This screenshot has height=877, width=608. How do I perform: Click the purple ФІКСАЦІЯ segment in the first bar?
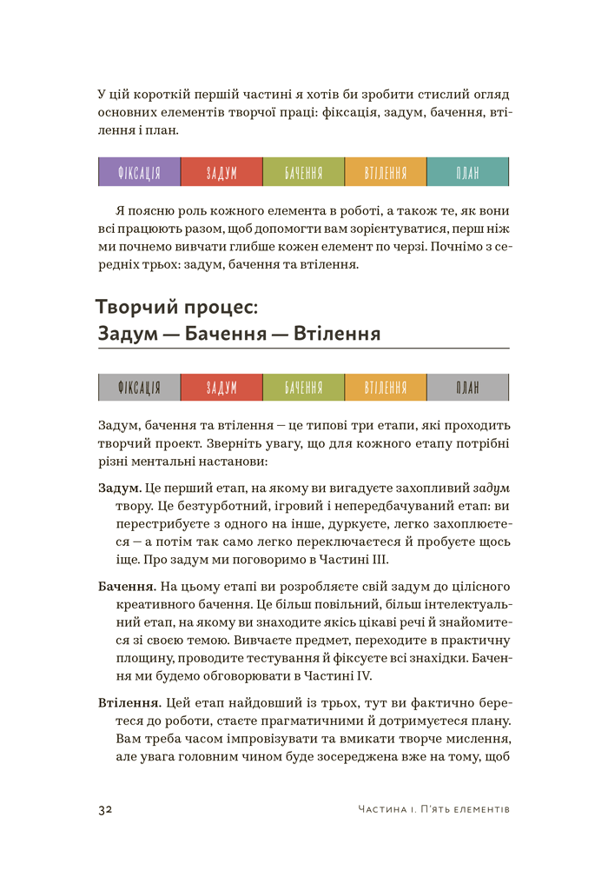[x=139, y=172]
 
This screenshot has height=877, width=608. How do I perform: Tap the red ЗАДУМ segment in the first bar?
[x=221, y=172]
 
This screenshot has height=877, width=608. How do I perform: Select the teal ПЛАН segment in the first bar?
[x=467, y=172]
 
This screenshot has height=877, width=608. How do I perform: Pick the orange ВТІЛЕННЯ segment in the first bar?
[x=386, y=172]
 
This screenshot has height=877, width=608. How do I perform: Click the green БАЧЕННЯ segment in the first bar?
[x=303, y=172]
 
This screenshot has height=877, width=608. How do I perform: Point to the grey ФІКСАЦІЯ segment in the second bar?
[x=139, y=388]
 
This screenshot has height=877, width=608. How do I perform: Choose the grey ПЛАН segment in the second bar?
[x=467, y=388]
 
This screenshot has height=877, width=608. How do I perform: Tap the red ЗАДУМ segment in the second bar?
[x=221, y=388]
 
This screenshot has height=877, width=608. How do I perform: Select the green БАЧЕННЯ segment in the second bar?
[x=303, y=388]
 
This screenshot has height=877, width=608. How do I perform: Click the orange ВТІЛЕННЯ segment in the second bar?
[x=386, y=388]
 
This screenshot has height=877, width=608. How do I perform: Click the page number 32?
[x=105, y=809]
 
